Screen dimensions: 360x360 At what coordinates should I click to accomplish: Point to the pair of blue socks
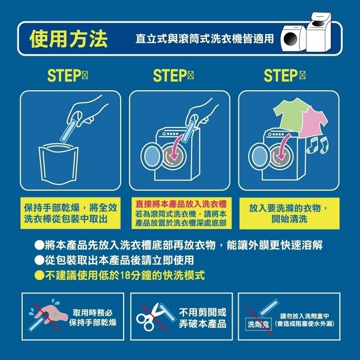[x=318, y=145]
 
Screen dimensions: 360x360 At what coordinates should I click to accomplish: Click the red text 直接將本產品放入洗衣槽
[x=181, y=204]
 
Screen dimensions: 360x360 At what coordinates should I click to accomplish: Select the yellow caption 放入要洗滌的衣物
[x=289, y=209]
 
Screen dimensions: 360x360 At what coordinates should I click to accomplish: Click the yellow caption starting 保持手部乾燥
[x=70, y=209]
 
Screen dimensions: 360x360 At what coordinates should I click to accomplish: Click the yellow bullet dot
[x=39, y=276]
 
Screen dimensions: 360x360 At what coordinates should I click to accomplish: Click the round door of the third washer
[x=259, y=156]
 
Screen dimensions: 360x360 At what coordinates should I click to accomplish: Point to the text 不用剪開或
[x=202, y=312]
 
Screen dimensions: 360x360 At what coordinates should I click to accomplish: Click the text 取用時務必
[x=93, y=312]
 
